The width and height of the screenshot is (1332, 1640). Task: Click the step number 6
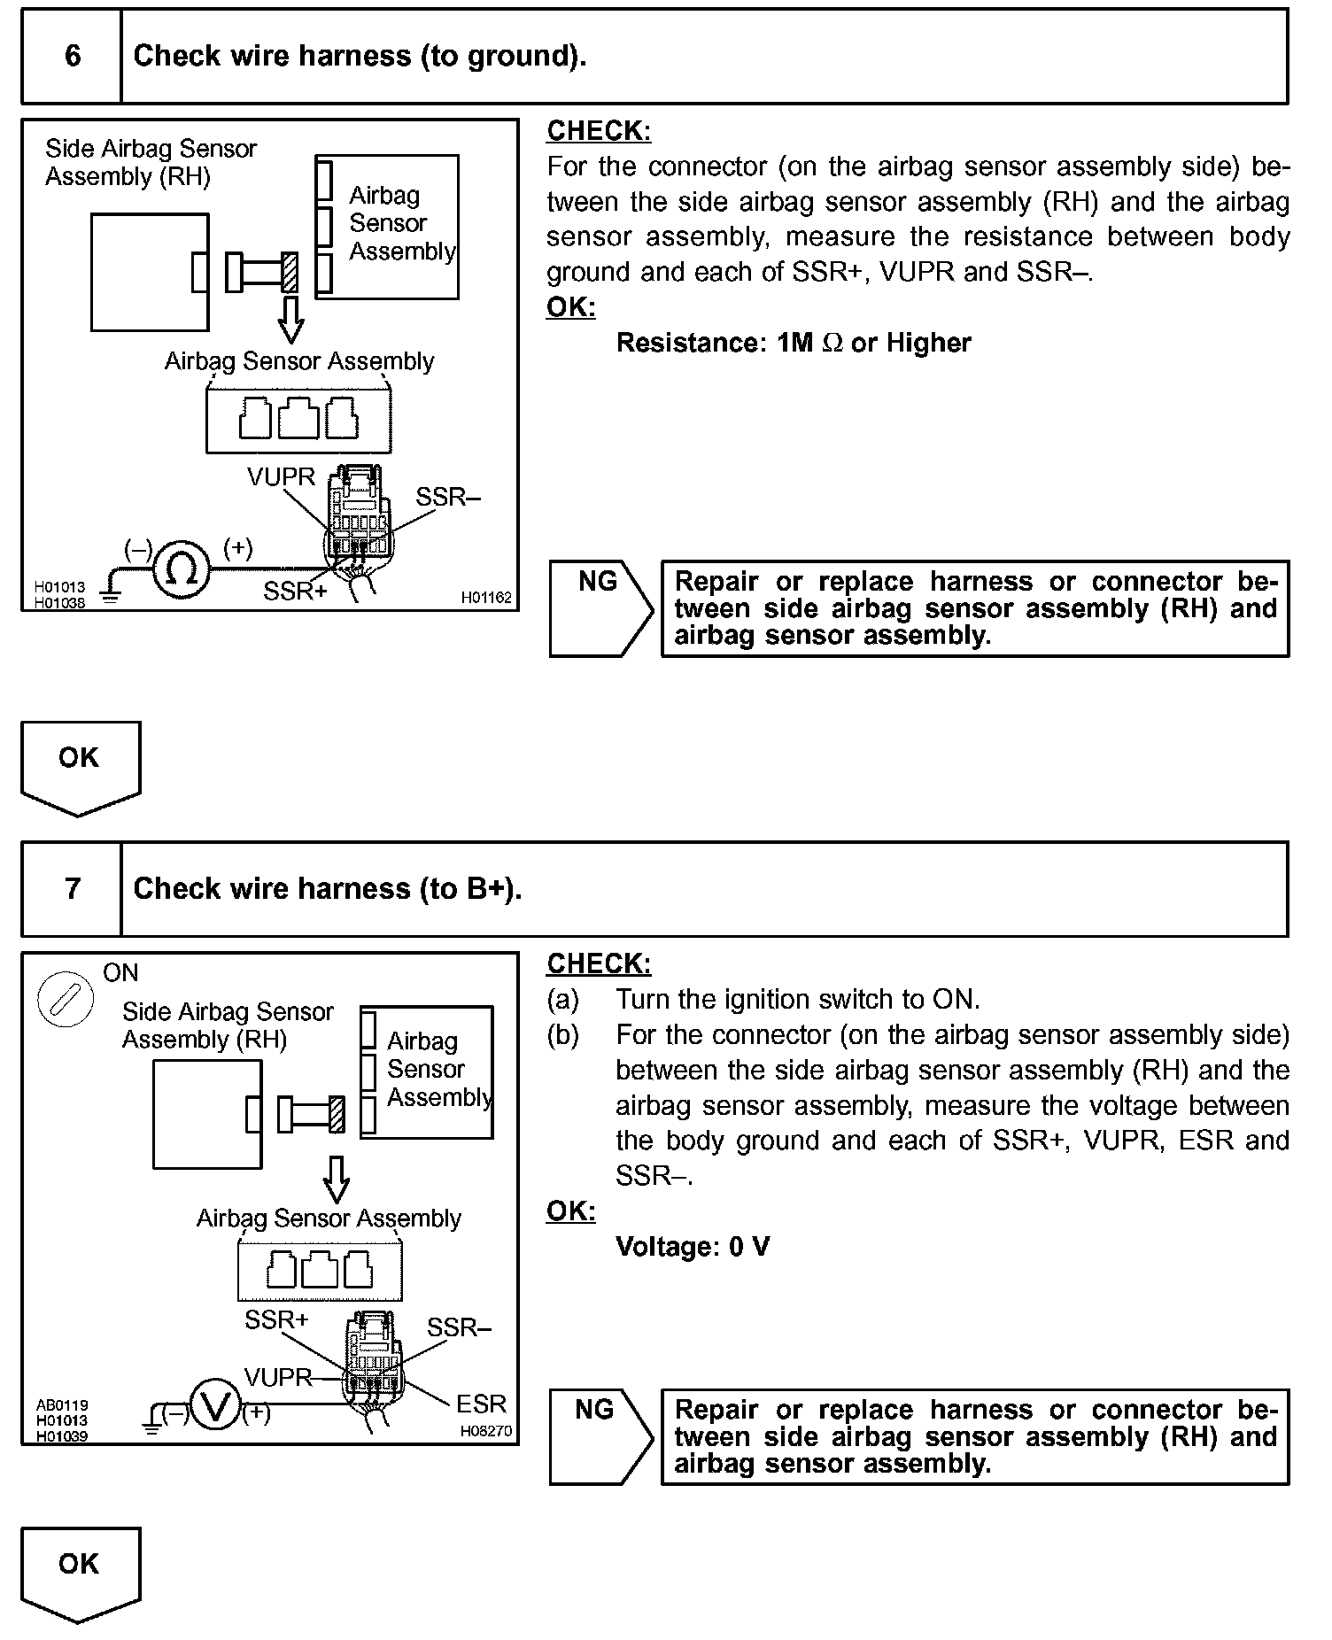(73, 56)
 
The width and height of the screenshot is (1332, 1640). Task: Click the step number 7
(73, 888)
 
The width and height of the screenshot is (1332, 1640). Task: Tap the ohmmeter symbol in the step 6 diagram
(182, 569)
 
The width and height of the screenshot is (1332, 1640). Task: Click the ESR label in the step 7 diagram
(481, 1404)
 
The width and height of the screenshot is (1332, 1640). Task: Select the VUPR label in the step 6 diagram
(281, 477)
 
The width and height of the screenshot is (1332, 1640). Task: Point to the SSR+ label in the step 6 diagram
(294, 591)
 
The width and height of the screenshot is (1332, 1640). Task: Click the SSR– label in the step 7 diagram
(458, 1327)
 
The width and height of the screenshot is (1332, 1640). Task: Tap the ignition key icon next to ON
(65, 1001)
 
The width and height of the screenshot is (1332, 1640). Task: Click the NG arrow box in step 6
(600, 608)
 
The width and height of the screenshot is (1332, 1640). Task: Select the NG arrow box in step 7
(600, 1436)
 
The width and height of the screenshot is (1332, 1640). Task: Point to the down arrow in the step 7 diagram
(336, 1179)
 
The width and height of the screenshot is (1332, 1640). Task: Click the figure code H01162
(485, 598)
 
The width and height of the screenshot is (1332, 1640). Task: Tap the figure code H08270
(485, 1431)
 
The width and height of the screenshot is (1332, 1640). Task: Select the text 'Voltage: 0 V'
(693, 1247)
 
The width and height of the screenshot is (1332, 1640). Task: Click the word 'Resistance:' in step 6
(690, 343)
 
